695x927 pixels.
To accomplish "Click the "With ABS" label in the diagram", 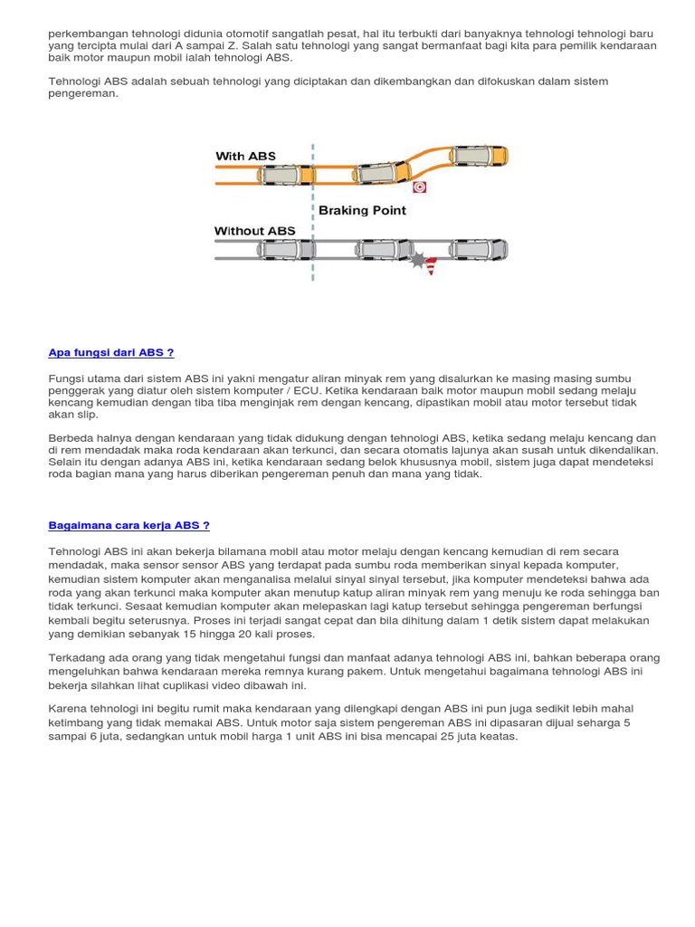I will tap(245, 157).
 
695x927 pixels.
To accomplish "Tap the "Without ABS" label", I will tap(254, 231).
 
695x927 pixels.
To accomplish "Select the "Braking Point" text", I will tap(362, 210).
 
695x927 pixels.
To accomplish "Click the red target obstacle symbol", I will tap(419, 187).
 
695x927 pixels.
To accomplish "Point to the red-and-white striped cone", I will tap(431, 266).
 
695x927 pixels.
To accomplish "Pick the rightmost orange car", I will tap(481, 156).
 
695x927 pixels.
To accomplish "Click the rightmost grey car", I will tap(480, 248).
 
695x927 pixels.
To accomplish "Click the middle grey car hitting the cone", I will tap(384, 249).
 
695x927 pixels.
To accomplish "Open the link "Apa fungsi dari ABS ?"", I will tap(110, 352).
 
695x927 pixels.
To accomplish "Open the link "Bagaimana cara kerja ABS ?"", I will tap(129, 525).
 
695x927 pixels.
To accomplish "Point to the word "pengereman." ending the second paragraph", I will tap(83, 92).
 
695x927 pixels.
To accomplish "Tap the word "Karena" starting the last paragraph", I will tap(66, 708).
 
